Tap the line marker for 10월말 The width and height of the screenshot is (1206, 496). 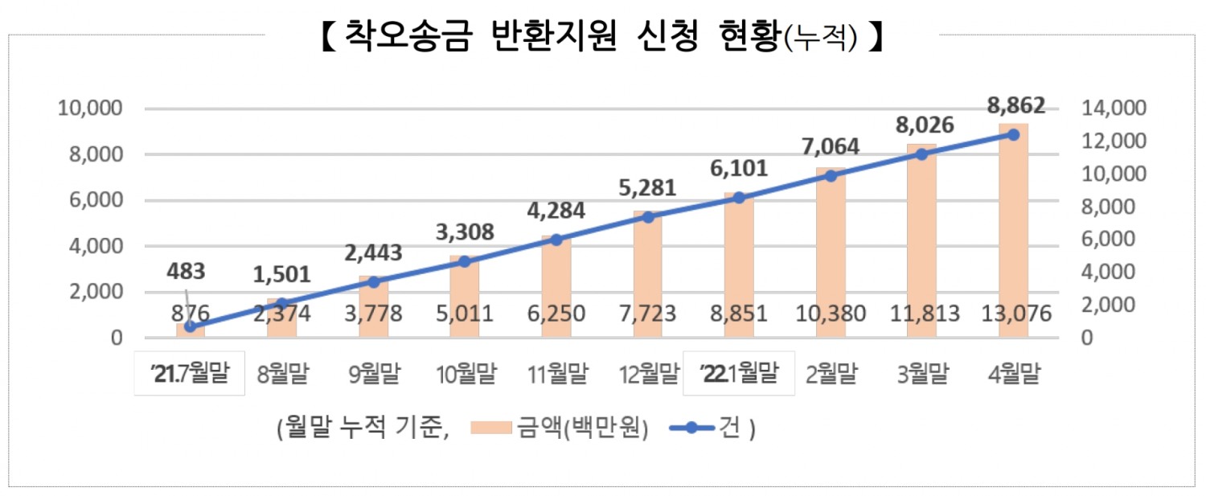[465, 261]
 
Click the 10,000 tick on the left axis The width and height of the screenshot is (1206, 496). [90, 109]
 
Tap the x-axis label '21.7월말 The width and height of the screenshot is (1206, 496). [190, 374]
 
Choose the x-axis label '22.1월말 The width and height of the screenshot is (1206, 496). [739, 374]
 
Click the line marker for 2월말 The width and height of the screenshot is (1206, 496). [831, 175]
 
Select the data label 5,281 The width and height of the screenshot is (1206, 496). [649, 189]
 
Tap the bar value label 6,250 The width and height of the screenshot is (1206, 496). [556, 314]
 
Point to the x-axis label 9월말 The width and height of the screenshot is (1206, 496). [373, 374]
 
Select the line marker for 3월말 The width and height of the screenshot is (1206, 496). [922, 154]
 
